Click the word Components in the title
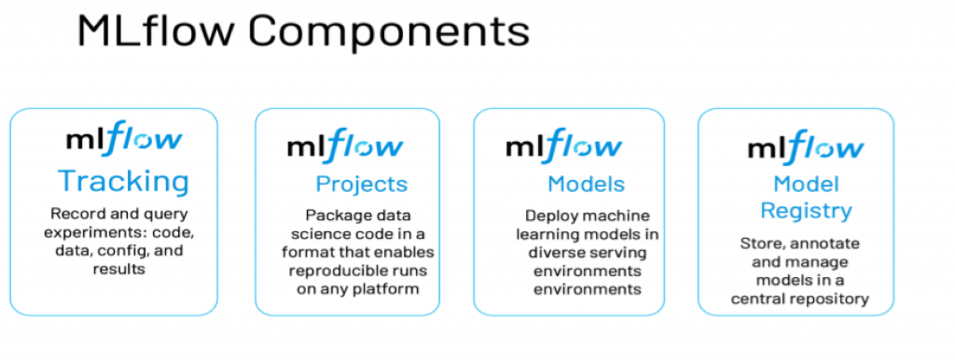click(389, 33)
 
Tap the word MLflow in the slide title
click(156, 31)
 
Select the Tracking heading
click(124, 182)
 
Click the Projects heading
click(362, 184)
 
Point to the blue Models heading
click(586, 184)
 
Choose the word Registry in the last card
click(806, 211)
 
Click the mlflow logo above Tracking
click(124, 139)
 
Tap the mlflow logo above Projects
click(345, 146)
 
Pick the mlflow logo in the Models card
click(564, 146)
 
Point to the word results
click(119, 269)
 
